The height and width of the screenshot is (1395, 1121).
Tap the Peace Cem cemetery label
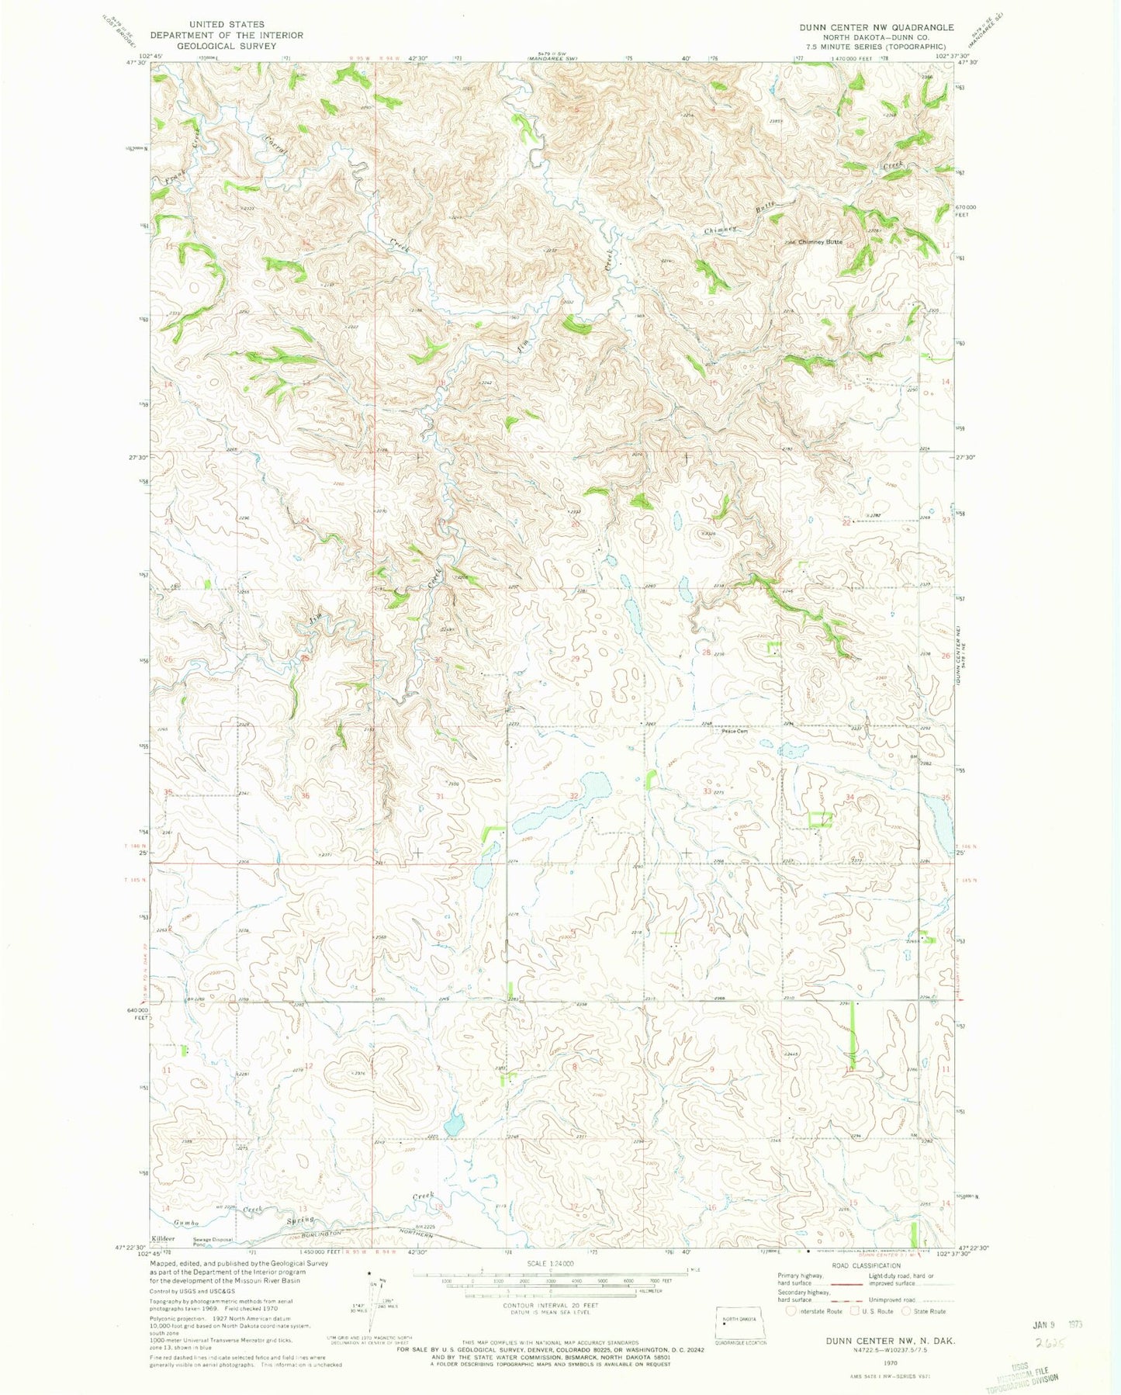coord(734,730)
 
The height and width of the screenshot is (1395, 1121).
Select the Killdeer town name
coord(164,1238)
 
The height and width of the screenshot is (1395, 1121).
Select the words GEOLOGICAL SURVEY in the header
coord(226,46)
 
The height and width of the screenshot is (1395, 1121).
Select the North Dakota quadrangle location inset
coord(739,1321)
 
